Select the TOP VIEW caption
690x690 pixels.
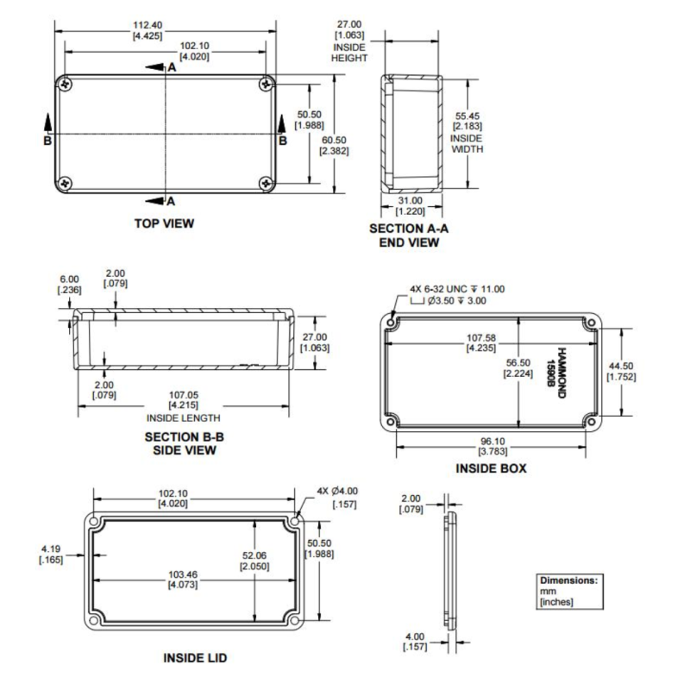(164, 223)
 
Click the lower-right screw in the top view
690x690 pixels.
(266, 183)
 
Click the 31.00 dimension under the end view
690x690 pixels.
(410, 206)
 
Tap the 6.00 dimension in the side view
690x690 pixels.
(68, 285)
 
